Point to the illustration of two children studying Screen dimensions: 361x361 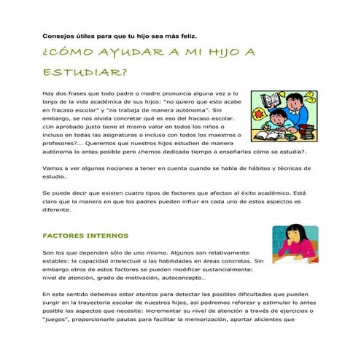[x=284, y=116]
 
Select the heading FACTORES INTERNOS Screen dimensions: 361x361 [x=85, y=236]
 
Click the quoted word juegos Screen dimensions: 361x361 [x=59, y=319]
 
